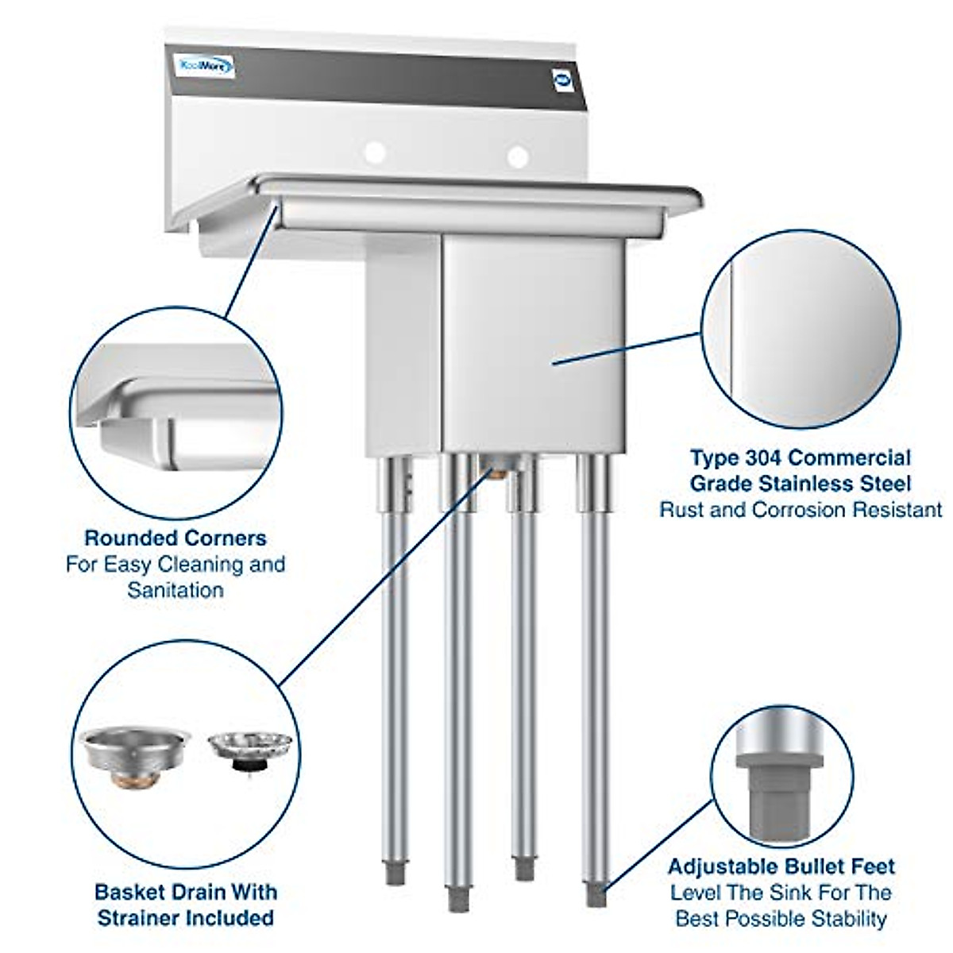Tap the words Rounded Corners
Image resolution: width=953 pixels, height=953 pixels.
click(x=176, y=538)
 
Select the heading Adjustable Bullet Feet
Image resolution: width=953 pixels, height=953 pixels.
click(x=781, y=866)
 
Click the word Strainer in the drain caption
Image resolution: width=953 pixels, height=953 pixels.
click(x=142, y=918)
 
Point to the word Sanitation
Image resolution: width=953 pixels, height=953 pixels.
click(x=176, y=590)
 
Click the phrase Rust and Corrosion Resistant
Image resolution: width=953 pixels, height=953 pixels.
click(x=801, y=509)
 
